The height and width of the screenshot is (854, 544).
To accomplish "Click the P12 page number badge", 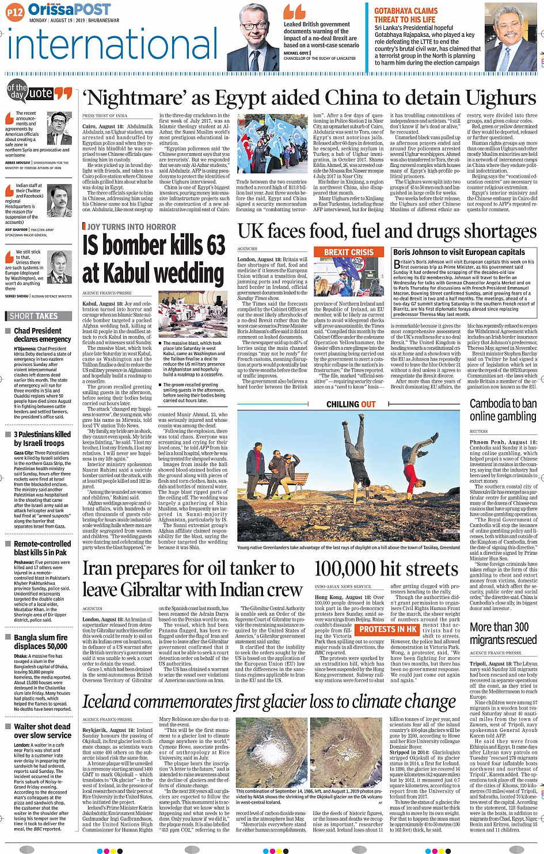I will tap(15, 12).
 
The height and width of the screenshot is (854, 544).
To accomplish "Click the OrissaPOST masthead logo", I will tap(69, 10).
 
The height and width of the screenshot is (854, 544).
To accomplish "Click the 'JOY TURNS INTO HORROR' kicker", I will tap(132, 227).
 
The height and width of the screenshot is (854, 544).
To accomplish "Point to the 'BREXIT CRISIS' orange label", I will tap(349, 252).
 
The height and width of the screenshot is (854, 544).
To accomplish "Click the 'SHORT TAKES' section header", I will tap(34, 316).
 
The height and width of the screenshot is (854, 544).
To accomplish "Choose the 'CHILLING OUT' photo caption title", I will tap(351, 404).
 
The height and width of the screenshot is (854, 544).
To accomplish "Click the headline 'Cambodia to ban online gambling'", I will tap(503, 410).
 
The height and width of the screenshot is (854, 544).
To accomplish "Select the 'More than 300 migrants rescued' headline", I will tap(499, 633).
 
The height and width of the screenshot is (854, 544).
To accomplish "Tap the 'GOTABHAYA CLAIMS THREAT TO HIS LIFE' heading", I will tap(406, 16).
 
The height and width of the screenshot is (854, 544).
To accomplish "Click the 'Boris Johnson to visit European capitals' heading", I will tap(459, 252).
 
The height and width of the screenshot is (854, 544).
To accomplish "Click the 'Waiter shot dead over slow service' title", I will tap(43, 731).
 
